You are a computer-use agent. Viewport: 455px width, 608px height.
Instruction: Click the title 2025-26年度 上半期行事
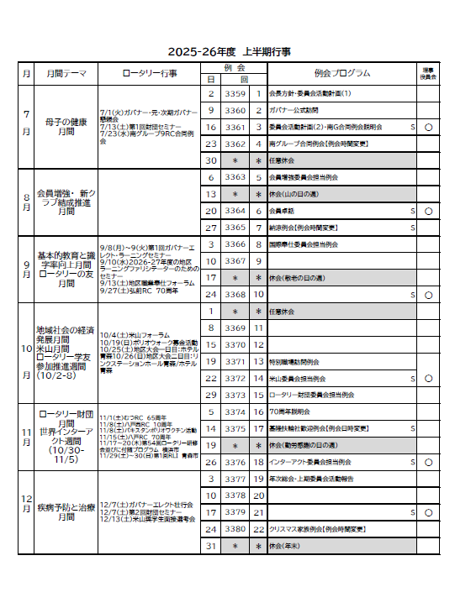pyautogui.click(x=229, y=51)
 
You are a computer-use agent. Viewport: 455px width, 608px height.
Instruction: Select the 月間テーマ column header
pyautogui.click(x=66, y=73)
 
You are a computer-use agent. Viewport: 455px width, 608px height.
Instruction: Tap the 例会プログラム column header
pyautogui.click(x=341, y=73)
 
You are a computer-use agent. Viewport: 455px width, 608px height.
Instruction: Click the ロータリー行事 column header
pyautogui.click(x=150, y=73)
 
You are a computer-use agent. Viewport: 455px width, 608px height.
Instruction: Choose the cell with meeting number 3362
pyautogui.click(x=235, y=144)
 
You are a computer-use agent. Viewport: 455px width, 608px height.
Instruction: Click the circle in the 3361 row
pyautogui.click(x=429, y=128)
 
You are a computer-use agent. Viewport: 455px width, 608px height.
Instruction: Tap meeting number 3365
pyautogui.click(x=235, y=228)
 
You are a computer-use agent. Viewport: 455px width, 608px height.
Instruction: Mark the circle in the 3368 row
pyautogui.click(x=429, y=295)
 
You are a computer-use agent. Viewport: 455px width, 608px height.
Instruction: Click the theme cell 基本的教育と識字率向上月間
pyautogui.click(x=66, y=269)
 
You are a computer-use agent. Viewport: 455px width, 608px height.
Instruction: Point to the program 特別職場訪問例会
pyautogui.click(x=294, y=362)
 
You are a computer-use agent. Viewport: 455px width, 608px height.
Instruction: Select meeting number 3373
pyautogui.click(x=235, y=395)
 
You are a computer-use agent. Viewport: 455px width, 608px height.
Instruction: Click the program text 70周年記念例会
pyautogui.click(x=290, y=412)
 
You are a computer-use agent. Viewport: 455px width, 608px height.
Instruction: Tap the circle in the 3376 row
pyautogui.click(x=429, y=462)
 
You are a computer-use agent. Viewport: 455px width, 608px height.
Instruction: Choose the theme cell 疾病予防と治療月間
pyautogui.click(x=66, y=512)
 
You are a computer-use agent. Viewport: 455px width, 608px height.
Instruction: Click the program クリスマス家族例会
pyautogui.click(x=318, y=529)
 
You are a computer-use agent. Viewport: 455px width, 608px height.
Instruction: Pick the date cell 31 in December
pyautogui.click(x=212, y=546)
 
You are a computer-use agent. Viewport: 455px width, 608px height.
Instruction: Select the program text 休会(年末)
pyautogui.click(x=287, y=546)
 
